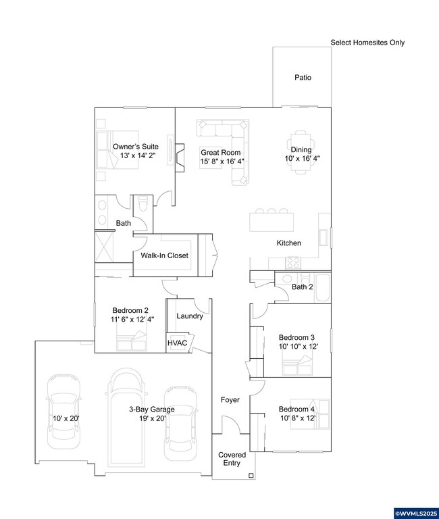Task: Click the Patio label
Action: [303, 78]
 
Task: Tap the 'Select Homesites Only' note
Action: [367, 43]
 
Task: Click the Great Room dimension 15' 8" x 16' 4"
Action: [222, 162]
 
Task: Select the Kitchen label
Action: [288, 243]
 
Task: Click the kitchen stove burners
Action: [293, 262]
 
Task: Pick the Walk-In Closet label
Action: [164, 256]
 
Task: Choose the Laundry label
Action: [190, 316]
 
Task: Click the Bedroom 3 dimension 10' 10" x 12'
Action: [297, 346]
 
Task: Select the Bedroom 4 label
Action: [297, 410]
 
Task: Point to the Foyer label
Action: [230, 400]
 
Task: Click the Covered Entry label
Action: [232, 460]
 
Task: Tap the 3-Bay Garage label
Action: [152, 410]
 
